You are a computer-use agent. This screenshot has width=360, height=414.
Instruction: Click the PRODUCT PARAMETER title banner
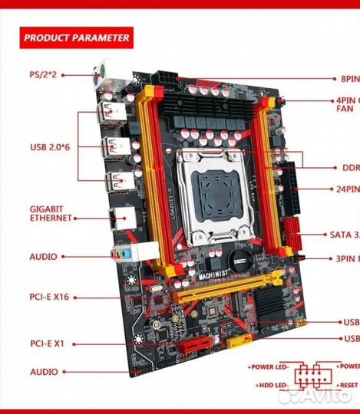[x=75, y=37]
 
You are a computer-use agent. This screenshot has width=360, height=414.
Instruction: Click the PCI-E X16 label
[x=50, y=296]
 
